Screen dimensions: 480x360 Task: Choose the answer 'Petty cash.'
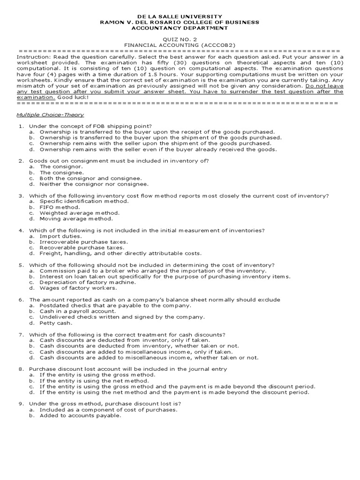56,322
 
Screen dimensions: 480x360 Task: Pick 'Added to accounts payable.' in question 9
80,415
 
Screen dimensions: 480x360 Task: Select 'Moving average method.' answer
76,218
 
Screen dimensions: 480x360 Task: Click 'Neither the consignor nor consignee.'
94,184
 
